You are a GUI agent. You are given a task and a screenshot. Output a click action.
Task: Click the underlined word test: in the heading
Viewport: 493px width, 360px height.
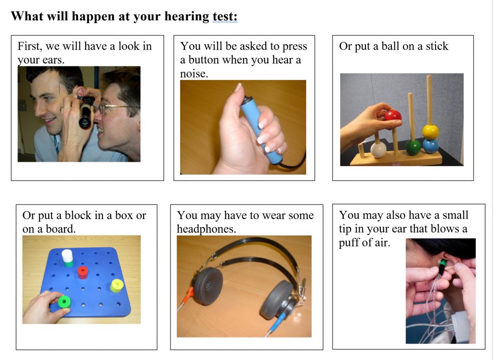(x=225, y=16)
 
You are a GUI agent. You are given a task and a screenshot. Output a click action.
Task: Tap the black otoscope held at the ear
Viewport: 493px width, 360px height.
(x=86, y=112)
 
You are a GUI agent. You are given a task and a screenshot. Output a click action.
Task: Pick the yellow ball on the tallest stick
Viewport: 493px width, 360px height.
(x=430, y=132)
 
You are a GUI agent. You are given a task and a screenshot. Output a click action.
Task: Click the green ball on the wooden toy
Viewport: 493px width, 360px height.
(x=413, y=147)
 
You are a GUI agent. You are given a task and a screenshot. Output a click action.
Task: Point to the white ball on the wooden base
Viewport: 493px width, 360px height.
(x=378, y=150)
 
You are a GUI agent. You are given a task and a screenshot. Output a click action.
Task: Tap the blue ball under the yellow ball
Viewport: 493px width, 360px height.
(x=430, y=146)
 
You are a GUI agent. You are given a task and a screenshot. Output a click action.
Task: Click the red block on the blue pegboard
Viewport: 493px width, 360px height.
(x=83, y=272)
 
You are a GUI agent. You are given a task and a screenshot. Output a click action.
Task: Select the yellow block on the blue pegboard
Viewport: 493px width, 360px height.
(x=117, y=285)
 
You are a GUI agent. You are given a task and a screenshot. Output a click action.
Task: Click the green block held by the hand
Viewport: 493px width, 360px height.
(x=65, y=302)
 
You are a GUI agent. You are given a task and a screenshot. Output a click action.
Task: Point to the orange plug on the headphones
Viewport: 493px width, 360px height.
(x=188, y=295)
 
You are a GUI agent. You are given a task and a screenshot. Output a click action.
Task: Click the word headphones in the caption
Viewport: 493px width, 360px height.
(x=206, y=229)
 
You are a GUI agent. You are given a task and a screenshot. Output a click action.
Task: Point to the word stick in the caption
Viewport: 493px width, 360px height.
(x=437, y=46)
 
